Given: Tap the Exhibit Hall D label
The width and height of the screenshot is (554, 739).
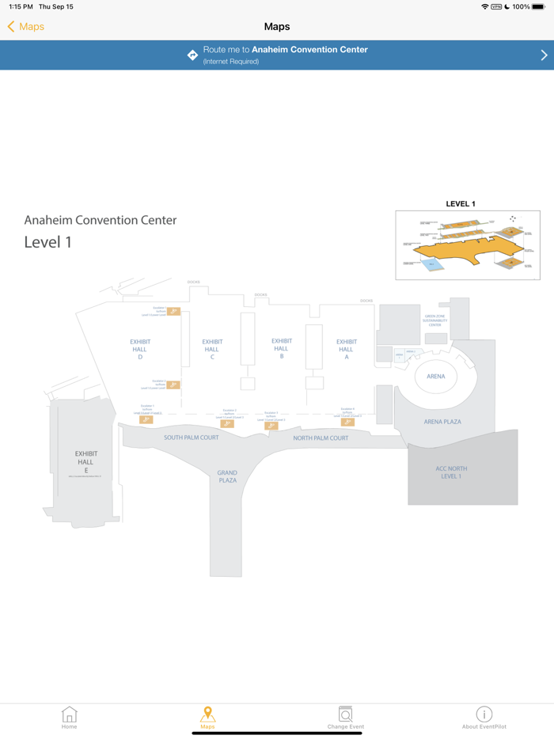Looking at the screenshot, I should (x=140, y=349).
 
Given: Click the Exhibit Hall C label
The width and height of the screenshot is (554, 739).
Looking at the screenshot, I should (x=212, y=349).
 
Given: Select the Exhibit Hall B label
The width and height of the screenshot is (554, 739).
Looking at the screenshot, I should (x=282, y=348).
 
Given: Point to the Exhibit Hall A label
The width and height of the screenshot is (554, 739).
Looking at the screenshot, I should (x=347, y=349).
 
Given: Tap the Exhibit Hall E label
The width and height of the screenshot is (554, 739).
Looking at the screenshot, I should (x=86, y=462).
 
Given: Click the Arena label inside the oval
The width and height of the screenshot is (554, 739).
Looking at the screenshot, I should (x=436, y=377).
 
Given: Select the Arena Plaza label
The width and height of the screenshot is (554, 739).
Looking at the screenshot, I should (x=442, y=422).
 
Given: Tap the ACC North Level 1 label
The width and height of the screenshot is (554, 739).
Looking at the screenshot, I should (x=451, y=472).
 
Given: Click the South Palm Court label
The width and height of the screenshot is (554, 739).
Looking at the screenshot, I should (x=192, y=438).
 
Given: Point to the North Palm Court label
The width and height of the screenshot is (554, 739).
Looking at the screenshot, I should (x=321, y=438).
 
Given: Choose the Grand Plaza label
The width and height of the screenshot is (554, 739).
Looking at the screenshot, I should (x=227, y=476).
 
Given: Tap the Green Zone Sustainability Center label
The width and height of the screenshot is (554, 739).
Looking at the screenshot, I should (x=435, y=320).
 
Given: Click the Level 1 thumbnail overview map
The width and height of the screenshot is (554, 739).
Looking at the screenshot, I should (x=468, y=245).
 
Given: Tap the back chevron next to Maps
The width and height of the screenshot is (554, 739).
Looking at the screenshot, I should (x=11, y=27).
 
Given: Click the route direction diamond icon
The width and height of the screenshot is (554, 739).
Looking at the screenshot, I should (x=192, y=55).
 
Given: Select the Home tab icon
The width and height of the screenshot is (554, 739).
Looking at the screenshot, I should (x=70, y=714).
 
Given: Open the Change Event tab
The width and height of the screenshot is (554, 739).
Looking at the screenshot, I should (x=346, y=717).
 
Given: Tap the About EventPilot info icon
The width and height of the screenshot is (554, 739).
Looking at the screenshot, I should (x=484, y=714).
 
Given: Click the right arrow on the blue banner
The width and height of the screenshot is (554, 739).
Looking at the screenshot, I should (x=544, y=55).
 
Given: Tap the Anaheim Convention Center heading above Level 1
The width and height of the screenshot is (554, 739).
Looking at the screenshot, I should (x=101, y=220).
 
